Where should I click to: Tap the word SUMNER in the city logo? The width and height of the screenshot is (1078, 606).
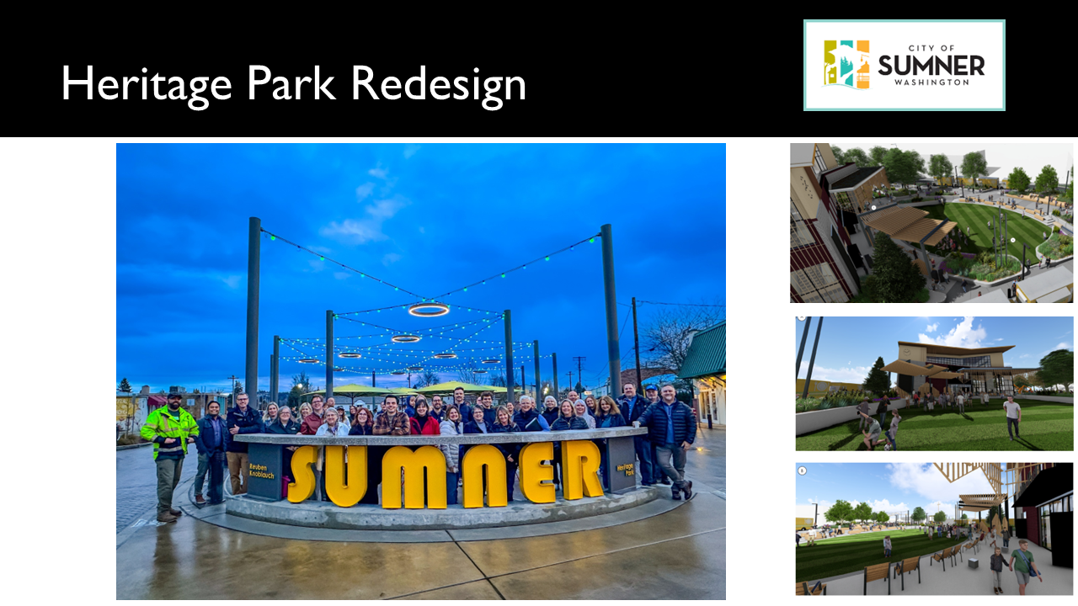(931, 65)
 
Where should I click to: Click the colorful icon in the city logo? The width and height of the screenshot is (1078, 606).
(846, 64)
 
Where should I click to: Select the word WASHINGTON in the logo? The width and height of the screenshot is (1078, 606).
(931, 82)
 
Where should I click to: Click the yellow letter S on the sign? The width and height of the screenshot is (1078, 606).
(303, 474)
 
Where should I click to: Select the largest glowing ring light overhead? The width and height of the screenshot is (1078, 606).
(429, 310)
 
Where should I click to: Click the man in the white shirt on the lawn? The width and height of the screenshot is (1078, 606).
(1012, 416)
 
